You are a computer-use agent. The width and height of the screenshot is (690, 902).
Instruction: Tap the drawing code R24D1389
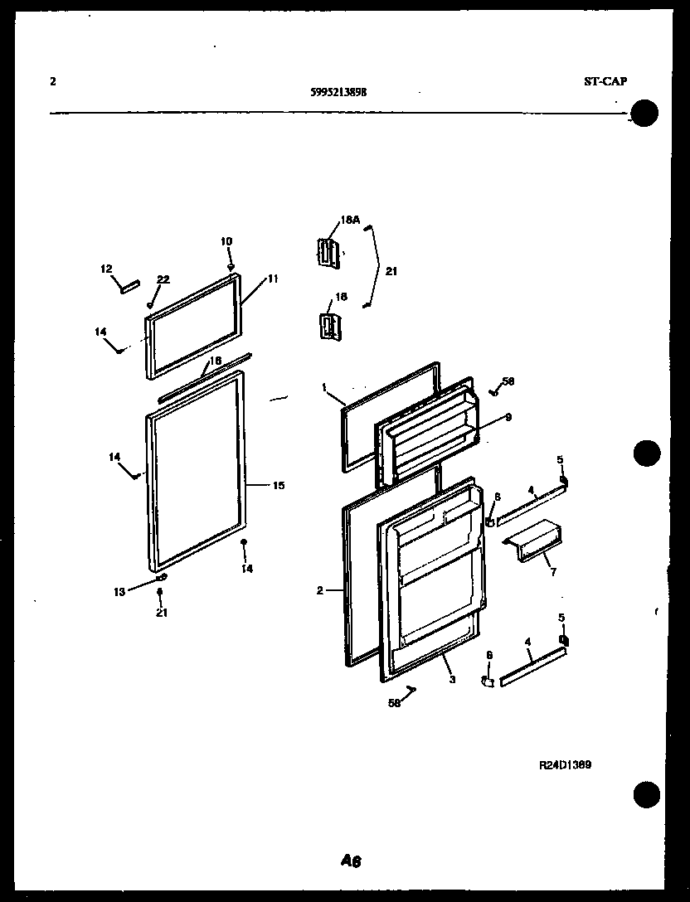click(x=565, y=766)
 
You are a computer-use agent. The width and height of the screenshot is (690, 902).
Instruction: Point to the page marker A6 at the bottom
click(x=351, y=861)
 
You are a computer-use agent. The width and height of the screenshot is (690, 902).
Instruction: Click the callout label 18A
click(x=349, y=221)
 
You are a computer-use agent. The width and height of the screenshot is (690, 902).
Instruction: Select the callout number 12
click(x=106, y=269)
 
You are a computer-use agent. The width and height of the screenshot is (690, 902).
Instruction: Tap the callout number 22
click(x=163, y=279)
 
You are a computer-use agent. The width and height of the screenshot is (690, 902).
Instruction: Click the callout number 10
click(x=226, y=241)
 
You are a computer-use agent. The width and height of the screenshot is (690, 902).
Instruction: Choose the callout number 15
click(x=279, y=485)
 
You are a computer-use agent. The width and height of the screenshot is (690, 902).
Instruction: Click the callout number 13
click(x=119, y=591)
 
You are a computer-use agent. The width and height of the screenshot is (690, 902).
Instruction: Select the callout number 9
click(x=508, y=417)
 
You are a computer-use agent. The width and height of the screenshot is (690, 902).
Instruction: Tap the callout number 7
click(x=553, y=571)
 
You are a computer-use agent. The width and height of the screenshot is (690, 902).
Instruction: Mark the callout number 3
click(x=452, y=680)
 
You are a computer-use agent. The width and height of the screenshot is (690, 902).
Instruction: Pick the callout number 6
click(x=489, y=655)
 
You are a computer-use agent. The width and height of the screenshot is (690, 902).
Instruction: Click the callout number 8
click(x=497, y=497)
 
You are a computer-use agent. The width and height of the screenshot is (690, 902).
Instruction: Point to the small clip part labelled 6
click(x=488, y=682)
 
